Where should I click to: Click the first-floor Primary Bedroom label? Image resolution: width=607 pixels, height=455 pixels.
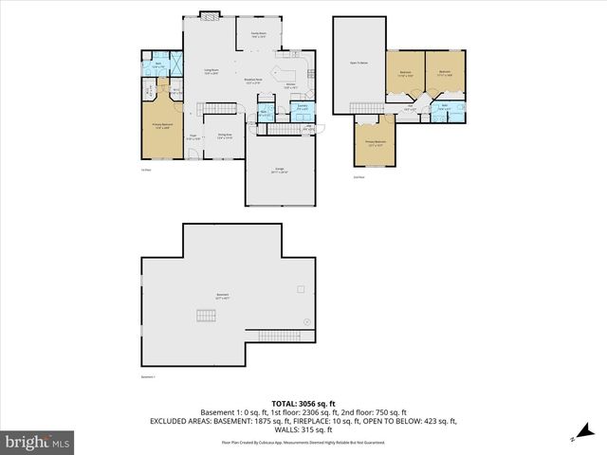click(162, 126)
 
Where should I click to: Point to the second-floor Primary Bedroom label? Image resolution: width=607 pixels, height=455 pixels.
click(377, 142)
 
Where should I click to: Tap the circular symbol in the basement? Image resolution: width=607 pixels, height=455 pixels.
click(306, 322)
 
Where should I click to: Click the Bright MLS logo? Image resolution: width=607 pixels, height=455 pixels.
click(38, 442)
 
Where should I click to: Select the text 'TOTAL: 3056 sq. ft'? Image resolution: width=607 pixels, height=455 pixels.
click(303, 403)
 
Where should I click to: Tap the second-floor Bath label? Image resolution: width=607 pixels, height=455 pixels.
click(444, 107)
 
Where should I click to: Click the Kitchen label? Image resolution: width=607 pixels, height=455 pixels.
click(291, 85)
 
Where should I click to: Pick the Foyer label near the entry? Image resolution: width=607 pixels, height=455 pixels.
click(191, 136)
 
